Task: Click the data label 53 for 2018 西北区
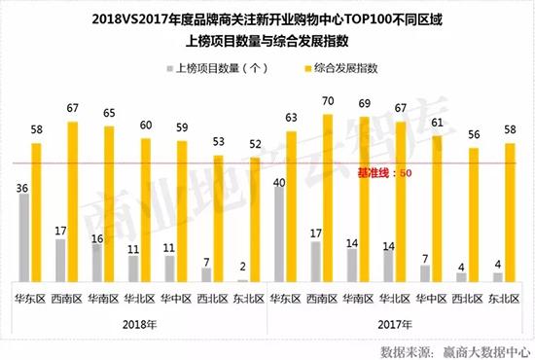pos(218,142)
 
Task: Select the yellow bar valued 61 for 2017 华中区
pos(438,208)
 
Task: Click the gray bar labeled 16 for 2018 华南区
pos(96,262)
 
